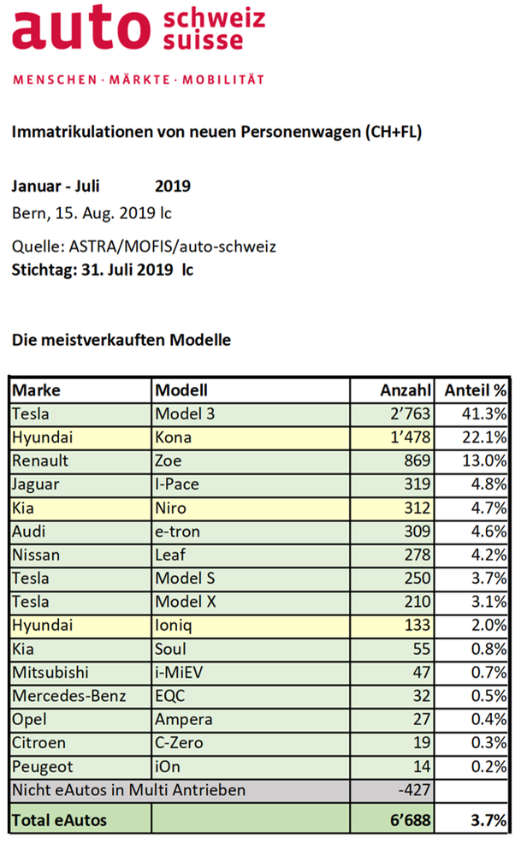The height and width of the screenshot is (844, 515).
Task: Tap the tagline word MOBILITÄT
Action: tap(223, 80)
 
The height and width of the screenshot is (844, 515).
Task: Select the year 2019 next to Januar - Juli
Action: tap(173, 187)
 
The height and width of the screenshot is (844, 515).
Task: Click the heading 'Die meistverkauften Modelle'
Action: tap(121, 340)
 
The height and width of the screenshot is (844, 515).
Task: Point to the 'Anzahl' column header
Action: tap(405, 390)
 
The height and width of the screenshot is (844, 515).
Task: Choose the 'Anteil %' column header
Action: tap(475, 390)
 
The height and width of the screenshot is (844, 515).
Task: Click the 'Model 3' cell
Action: tap(185, 414)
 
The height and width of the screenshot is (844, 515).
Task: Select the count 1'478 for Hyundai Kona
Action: tap(410, 437)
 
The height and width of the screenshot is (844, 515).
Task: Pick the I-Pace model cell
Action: tap(177, 484)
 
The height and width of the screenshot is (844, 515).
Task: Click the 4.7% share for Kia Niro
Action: tap(488, 508)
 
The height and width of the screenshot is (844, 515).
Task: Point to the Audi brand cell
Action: tap(28, 532)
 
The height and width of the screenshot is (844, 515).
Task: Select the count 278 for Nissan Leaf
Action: tap(417, 555)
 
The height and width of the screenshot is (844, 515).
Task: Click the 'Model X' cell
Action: tap(185, 602)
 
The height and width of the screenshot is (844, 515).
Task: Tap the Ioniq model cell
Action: tap(174, 626)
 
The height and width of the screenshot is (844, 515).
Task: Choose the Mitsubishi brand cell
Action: tap(50, 672)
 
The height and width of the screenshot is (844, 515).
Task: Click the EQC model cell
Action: tap(169, 696)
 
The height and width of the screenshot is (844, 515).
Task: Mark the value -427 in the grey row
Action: tap(414, 790)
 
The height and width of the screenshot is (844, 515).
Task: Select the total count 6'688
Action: tap(410, 820)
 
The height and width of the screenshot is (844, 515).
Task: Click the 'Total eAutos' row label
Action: tap(59, 820)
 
